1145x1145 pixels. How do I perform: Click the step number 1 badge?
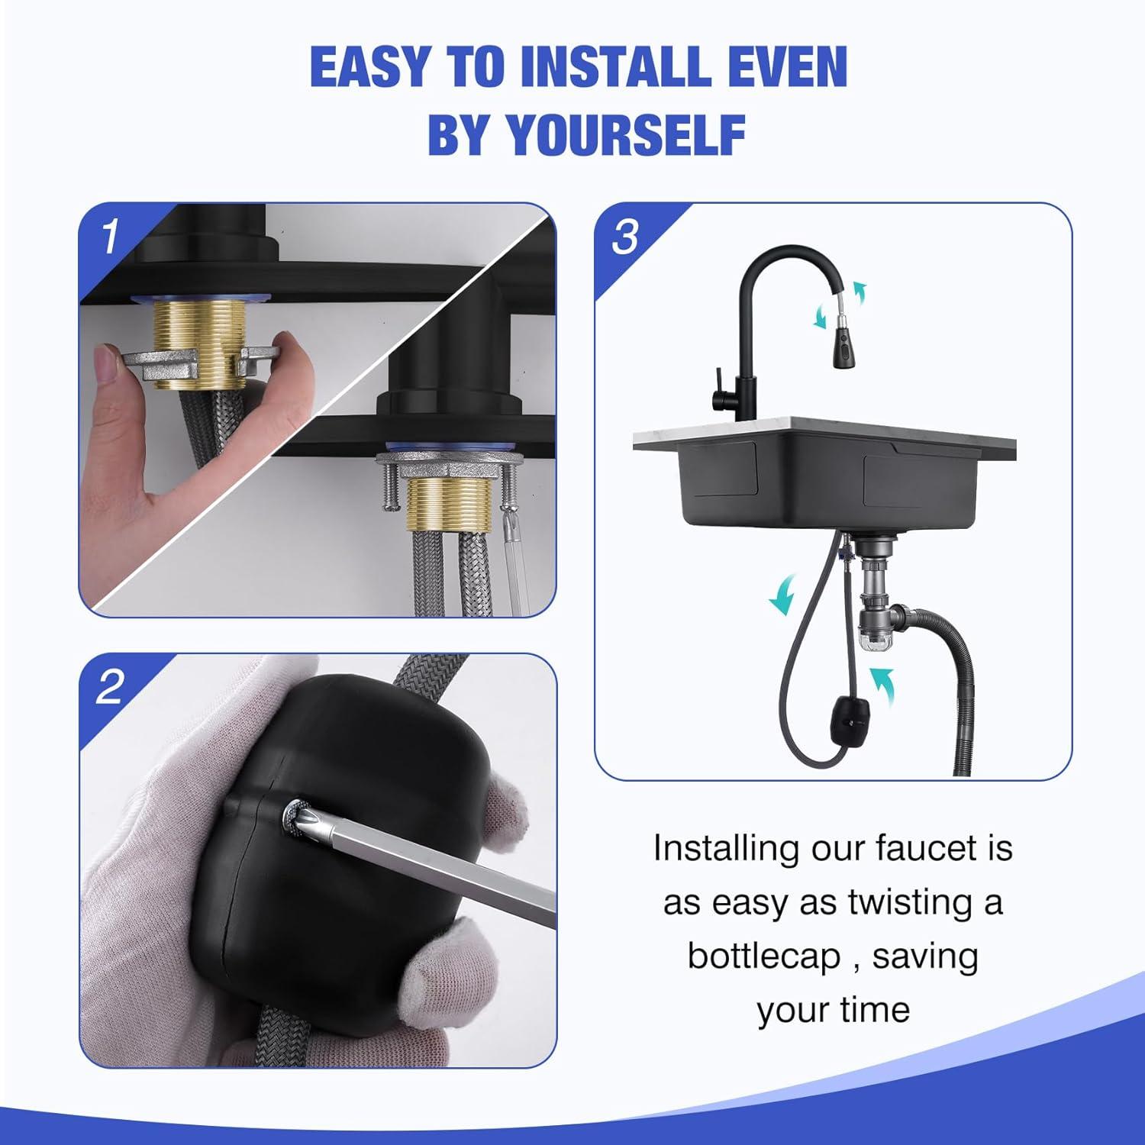coord(111,236)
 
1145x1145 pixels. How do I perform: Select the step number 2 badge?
coord(110,687)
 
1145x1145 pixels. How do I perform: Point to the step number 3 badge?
coord(625,237)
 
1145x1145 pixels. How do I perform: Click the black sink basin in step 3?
coord(809,489)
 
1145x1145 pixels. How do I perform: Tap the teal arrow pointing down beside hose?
coord(782,595)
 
